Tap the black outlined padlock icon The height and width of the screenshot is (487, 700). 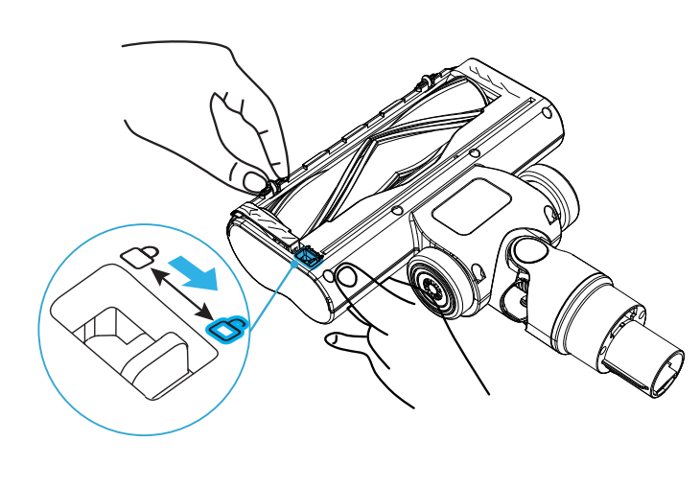tap(140, 256)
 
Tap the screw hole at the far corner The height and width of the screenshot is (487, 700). tap(547, 112)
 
